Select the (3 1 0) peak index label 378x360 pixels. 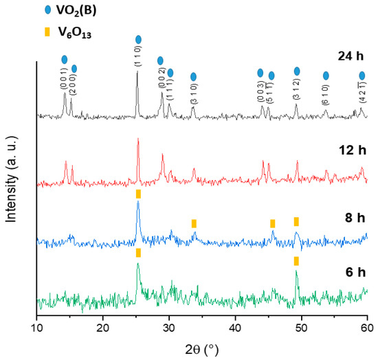tap(193, 94)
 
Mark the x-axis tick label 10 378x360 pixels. tap(36, 328)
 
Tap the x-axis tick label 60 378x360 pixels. tap(368, 328)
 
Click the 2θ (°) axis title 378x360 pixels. tap(202, 348)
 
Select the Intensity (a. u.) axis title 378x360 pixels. tap(12, 180)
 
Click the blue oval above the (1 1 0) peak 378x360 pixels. tap(139, 40)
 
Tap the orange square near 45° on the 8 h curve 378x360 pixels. tap(273, 223)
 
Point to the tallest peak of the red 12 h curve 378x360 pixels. tap(138, 140)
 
